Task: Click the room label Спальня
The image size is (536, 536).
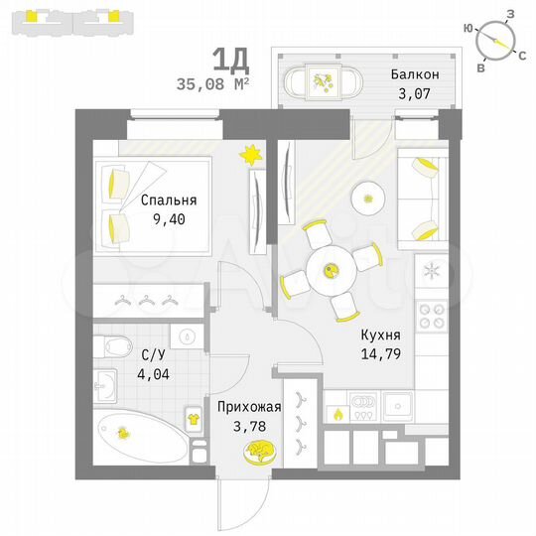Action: (168, 199)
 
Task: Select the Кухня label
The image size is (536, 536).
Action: (381, 336)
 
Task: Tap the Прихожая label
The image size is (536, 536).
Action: (250, 406)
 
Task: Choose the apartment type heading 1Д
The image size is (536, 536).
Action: (234, 61)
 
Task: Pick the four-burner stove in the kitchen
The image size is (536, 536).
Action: (431, 316)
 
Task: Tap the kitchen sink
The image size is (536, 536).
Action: (398, 404)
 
